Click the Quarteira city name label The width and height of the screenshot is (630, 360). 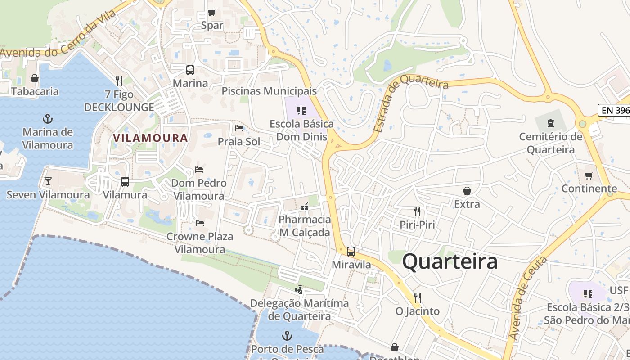click(x=450, y=261)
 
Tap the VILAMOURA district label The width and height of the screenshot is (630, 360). click(x=150, y=138)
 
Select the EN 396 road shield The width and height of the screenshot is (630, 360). click(x=614, y=110)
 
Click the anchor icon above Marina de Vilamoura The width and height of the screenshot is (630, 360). click(x=47, y=119)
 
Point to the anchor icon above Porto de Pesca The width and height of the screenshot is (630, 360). click(x=287, y=336)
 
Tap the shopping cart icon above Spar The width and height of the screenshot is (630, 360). click(x=212, y=12)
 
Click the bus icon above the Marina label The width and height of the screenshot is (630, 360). click(x=190, y=70)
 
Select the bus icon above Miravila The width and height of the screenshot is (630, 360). click(x=351, y=252)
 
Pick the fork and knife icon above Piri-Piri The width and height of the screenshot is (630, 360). click(x=417, y=211)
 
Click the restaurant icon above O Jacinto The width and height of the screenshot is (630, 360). click(x=417, y=297)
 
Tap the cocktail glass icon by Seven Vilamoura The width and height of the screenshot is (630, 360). click(x=48, y=181)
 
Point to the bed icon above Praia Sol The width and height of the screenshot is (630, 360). click(x=239, y=128)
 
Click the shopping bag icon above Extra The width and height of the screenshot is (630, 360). click(x=467, y=191)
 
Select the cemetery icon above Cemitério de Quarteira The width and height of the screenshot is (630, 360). click(x=550, y=123)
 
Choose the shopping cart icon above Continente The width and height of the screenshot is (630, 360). click(x=589, y=175)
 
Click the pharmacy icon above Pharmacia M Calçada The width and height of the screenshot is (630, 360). click(x=305, y=207)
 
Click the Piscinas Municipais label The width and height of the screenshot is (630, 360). click(x=269, y=91)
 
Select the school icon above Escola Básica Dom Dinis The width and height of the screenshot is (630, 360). click(x=301, y=110)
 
